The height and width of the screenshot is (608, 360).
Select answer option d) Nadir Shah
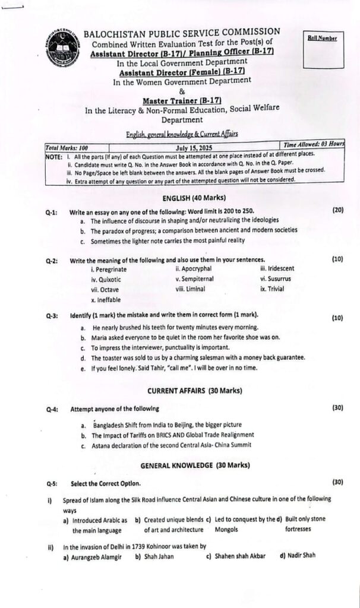coord(298,556)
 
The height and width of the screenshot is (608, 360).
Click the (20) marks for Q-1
coord(337,210)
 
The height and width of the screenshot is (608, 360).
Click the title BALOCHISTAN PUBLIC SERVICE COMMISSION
coord(182,31)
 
